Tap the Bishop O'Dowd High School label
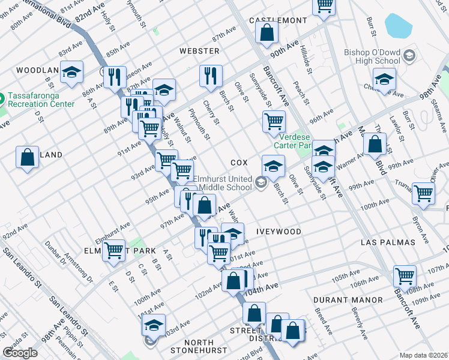point(372,56)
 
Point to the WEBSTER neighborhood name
point(194,51)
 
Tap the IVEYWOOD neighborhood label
point(278,231)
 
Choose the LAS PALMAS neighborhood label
point(388,242)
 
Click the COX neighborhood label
point(239,163)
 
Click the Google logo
point(20,352)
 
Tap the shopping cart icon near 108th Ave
point(405,277)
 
